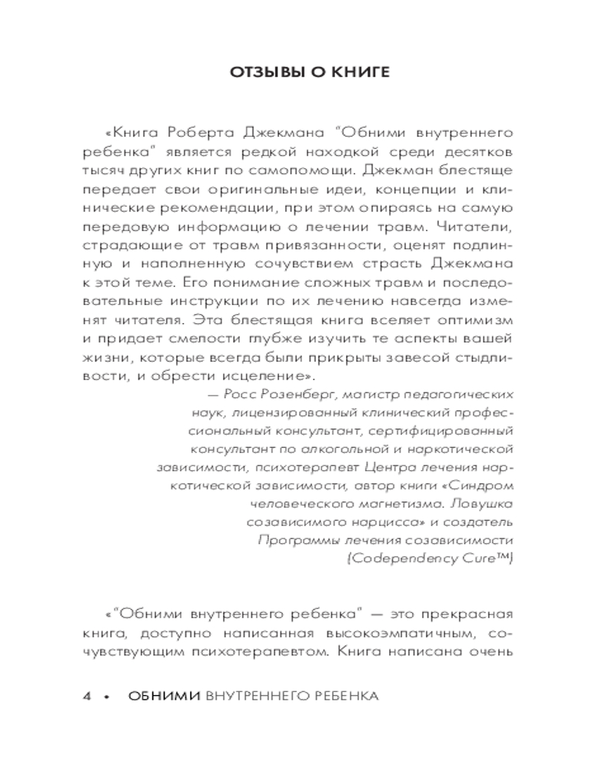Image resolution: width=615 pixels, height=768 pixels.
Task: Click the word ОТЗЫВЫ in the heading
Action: (x=258, y=73)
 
